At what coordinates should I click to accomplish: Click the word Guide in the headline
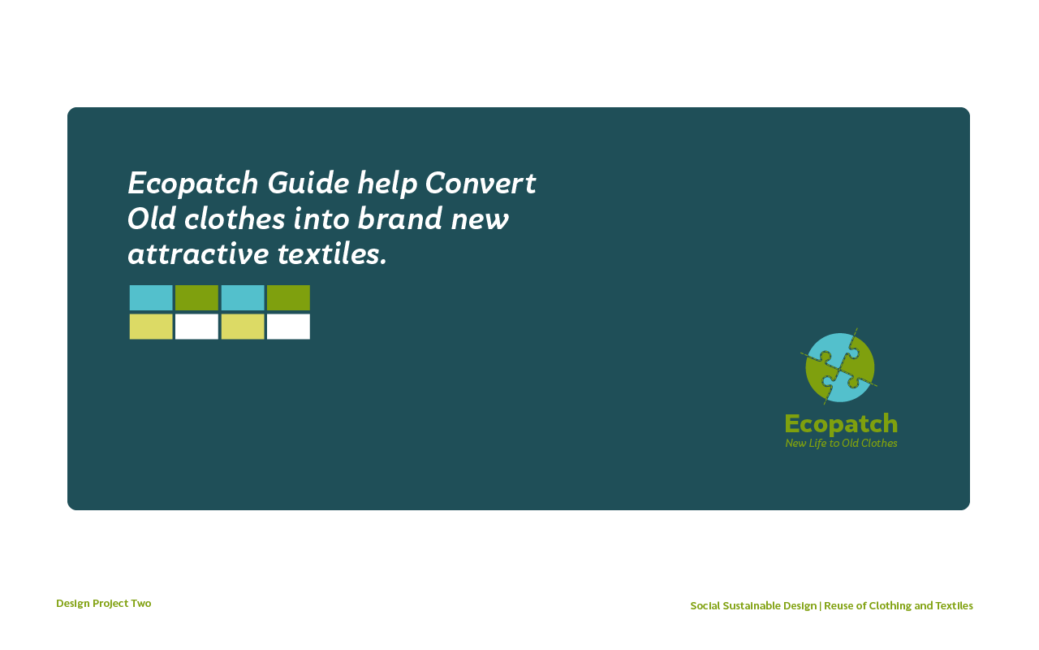(308, 183)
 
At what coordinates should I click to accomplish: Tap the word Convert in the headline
(481, 183)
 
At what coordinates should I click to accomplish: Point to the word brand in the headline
(400, 219)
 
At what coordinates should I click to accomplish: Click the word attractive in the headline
(198, 254)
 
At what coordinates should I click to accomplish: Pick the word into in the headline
(321, 219)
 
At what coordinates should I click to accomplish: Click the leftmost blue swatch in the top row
(151, 297)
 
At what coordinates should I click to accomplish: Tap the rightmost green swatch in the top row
(288, 297)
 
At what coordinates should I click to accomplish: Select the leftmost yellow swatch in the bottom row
(151, 327)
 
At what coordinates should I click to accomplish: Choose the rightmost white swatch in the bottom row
(288, 327)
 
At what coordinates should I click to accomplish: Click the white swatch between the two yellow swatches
(196, 327)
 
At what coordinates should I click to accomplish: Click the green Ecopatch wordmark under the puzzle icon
(841, 424)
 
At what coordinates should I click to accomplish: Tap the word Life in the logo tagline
(817, 444)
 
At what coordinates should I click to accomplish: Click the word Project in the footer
(110, 604)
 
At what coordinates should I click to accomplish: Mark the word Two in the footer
(141, 603)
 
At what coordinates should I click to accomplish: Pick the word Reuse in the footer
(839, 605)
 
